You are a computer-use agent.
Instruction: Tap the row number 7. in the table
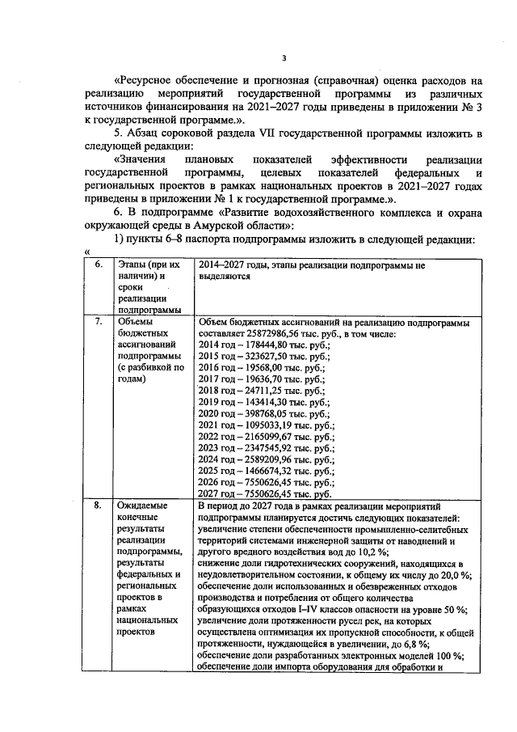99,322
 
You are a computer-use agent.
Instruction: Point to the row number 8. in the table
99,506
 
